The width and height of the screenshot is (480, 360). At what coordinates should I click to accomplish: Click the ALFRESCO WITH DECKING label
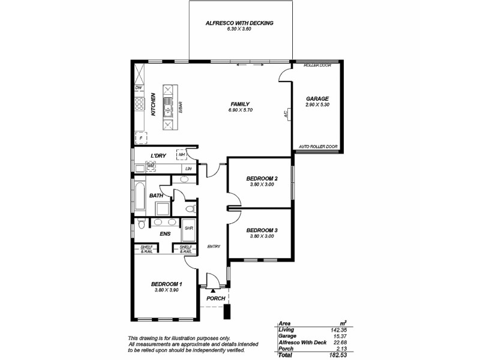coord(239,23)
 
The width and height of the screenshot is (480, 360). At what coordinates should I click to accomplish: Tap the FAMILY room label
coord(239,104)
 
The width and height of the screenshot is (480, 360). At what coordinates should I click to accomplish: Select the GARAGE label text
coord(317,98)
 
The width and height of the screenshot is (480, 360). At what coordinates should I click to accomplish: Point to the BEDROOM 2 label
coord(262,179)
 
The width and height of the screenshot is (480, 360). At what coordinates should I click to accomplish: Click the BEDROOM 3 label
coord(262,230)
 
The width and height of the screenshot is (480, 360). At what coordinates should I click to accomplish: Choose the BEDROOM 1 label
coord(166,284)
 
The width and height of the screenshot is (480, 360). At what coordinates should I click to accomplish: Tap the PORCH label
coord(215,298)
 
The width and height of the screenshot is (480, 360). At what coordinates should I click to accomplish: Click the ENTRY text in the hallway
coord(214,246)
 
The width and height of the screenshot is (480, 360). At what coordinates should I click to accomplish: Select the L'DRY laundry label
coord(158,156)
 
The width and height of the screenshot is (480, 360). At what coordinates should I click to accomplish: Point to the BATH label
coord(156,196)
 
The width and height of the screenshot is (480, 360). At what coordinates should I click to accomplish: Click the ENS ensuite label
coord(164,235)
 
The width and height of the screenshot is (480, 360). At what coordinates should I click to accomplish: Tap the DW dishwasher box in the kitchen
coord(139,88)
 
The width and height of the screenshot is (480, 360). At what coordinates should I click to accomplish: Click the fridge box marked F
coord(140,138)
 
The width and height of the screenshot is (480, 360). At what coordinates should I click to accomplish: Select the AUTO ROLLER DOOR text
coord(318,147)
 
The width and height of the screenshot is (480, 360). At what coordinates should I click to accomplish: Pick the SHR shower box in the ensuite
coord(188,229)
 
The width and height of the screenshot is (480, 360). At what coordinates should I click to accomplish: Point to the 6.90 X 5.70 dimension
coord(239,110)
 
